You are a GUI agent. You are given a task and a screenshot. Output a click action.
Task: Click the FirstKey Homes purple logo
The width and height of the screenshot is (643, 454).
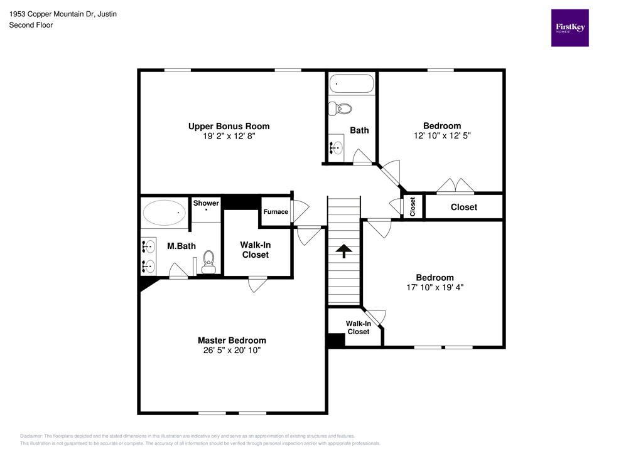point(570,28)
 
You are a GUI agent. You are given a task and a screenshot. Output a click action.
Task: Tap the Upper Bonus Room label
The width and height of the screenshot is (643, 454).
point(229,126)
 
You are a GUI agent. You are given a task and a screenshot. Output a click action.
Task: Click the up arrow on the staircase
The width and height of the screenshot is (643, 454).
point(343,251)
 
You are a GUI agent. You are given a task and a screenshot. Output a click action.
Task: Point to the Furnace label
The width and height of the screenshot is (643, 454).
point(276,212)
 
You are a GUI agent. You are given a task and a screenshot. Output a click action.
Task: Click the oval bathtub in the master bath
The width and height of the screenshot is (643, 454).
point(165,213)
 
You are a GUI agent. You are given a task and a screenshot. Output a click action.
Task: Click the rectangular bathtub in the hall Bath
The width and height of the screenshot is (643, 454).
point(351,83)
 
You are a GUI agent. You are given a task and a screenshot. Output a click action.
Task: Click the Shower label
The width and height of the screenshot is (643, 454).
point(206,203)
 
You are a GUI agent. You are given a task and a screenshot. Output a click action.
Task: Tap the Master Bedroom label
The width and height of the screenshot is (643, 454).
point(227,340)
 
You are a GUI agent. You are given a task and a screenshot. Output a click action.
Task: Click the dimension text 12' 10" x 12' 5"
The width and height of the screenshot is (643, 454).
point(441,135)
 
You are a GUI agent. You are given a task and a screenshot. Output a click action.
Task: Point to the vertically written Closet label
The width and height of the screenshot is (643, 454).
point(413,207)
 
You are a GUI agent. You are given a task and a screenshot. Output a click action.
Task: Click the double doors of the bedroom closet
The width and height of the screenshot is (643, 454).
point(456,186)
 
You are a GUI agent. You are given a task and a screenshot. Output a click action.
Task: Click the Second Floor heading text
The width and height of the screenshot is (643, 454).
point(31,25)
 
